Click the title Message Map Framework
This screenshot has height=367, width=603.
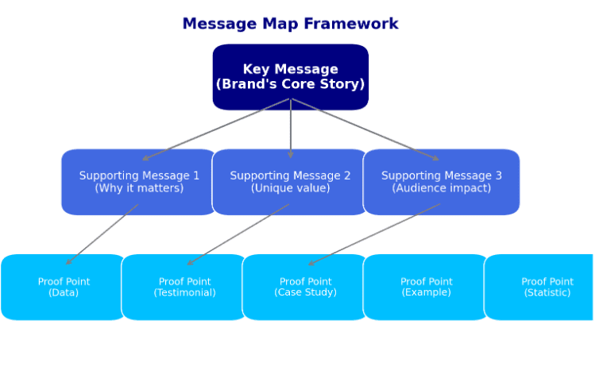tap(290, 24)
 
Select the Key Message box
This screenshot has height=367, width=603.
tap(290, 77)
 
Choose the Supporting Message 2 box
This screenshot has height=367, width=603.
tap(290, 182)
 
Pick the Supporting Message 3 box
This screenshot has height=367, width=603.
tap(442, 182)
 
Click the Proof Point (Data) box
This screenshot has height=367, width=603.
tap(64, 287)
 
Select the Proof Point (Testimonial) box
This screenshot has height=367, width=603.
tap(184, 287)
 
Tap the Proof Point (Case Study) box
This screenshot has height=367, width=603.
tap(305, 287)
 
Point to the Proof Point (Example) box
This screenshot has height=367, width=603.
tap(426, 287)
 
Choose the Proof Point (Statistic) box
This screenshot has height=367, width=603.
tap(540, 287)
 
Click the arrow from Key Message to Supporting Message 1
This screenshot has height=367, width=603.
tap(216, 129)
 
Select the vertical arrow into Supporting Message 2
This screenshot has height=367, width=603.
tap(290, 129)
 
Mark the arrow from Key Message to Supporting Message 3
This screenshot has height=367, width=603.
tap(365, 129)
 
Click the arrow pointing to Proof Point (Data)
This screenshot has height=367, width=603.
tap(102, 234)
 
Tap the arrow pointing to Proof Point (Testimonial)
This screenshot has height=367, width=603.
tap(238, 234)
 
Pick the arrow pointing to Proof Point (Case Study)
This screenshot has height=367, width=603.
tap(374, 234)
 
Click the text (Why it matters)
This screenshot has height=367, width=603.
tap(139, 188)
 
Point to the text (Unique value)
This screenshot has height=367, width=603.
tap(290, 188)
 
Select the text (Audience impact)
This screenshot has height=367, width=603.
tap(442, 188)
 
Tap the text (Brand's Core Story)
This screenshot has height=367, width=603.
tap(290, 84)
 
